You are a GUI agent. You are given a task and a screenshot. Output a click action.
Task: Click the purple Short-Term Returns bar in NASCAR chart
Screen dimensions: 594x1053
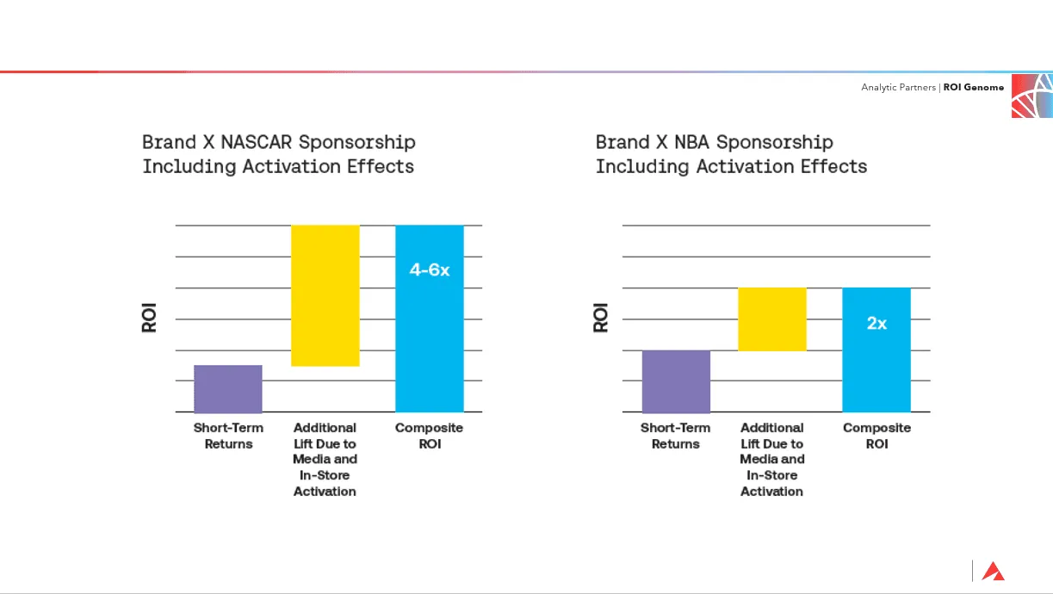tap(227, 388)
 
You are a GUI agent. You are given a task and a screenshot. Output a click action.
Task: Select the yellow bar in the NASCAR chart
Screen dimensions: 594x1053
tap(325, 295)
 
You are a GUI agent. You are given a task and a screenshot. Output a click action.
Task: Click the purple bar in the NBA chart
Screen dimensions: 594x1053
tap(676, 381)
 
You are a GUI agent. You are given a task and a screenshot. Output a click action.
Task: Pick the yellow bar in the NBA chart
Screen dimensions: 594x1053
tap(772, 319)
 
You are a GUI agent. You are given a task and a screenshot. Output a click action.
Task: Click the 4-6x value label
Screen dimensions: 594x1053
tap(429, 270)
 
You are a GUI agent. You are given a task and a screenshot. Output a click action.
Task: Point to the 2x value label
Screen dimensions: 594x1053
tap(876, 324)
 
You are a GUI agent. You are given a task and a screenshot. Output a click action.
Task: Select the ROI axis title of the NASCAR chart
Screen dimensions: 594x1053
tap(149, 319)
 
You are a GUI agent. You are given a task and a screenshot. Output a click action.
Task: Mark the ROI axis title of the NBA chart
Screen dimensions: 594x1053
tap(601, 319)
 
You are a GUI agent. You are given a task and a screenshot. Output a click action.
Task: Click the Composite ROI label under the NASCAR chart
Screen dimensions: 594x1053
tap(429, 436)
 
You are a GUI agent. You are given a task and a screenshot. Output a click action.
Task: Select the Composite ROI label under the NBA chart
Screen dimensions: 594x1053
tap(876, 436)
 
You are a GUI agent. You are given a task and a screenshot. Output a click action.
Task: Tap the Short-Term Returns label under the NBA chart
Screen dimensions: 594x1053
tap(676, 436)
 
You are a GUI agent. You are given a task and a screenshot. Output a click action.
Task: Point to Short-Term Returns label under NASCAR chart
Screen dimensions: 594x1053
tap(228, 436)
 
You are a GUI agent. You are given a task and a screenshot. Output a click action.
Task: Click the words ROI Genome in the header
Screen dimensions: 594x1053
tap(973, 87)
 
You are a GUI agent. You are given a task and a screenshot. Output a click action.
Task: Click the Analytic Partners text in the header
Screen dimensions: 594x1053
tap(899, 87)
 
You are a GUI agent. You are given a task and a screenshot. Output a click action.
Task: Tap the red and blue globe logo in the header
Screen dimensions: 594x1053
tap(1031, 95)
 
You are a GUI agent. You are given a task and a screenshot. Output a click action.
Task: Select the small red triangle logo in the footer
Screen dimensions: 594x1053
tap(993, 571)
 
